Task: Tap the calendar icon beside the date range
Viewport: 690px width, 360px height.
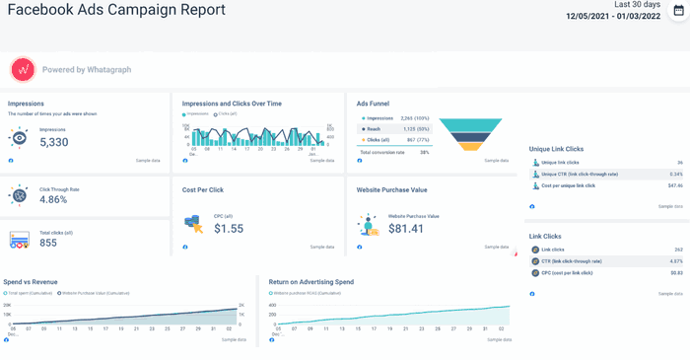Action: coord(678,11)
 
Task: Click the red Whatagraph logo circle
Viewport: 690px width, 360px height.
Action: coord(23,70)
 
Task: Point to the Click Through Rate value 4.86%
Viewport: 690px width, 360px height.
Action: coord(53,199)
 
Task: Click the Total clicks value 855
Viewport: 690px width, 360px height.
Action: coord(48,242)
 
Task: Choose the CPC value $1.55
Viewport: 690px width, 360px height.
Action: coord(229,228)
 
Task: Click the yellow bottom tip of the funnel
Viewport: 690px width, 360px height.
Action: coord(476,147)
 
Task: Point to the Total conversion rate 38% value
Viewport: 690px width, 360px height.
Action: coord(424,153)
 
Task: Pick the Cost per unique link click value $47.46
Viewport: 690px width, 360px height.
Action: coord(675,185)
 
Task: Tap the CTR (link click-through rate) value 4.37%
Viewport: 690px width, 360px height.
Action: coord(676,260)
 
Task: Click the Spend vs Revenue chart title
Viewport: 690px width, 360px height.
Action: coord(32,281)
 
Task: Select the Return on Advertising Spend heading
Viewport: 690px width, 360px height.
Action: coord(311,281)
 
